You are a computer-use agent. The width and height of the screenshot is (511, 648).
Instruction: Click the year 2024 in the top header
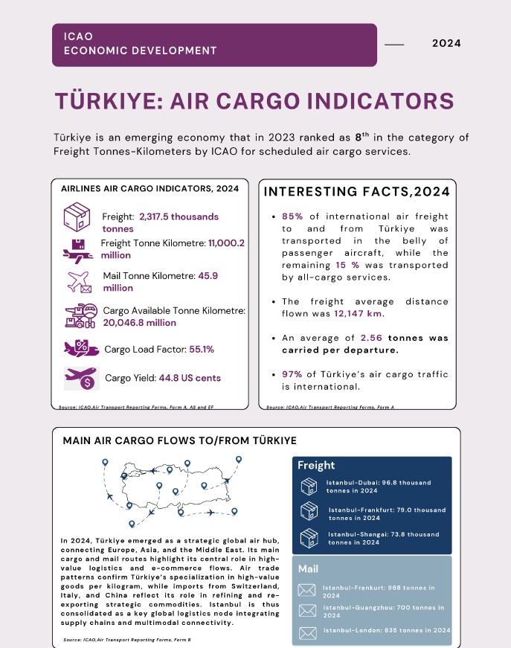(446, 43)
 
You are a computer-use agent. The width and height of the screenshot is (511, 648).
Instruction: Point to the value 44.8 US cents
(190, 378)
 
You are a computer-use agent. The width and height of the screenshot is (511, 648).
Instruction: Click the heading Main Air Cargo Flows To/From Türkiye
(179, 440)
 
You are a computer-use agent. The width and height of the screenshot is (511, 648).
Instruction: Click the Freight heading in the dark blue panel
(316, 466)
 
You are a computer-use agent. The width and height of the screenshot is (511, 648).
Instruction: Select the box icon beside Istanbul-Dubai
(308, 487)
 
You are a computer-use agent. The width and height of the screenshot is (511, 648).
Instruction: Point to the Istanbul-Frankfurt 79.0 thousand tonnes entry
(387, 513)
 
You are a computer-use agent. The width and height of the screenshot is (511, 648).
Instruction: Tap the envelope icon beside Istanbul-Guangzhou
(306, 611)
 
